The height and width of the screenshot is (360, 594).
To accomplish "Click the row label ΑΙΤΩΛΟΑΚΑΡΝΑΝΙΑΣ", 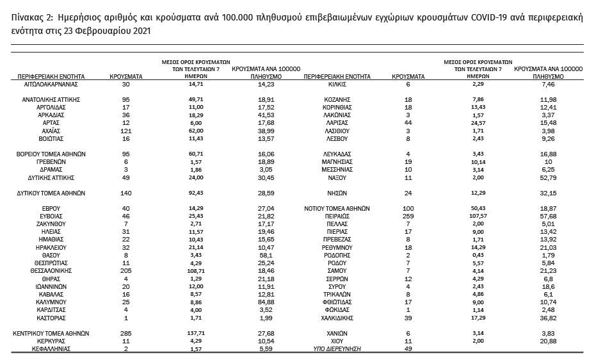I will pos(51,84).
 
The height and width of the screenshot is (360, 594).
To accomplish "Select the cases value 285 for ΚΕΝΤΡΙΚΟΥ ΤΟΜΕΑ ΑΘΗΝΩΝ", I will pos(125,334).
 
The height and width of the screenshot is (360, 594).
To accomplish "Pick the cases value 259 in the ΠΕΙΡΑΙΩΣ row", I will pos(408,217).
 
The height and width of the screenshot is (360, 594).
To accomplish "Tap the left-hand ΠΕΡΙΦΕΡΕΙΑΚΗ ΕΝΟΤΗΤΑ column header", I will pos(51,76).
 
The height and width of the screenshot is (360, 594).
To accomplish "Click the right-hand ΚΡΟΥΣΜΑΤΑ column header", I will pos(408,76).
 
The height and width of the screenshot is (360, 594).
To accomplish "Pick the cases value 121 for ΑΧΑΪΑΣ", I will pos(125,131).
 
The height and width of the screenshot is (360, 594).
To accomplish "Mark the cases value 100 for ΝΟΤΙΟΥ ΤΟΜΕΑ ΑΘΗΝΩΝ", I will pos(408,209).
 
